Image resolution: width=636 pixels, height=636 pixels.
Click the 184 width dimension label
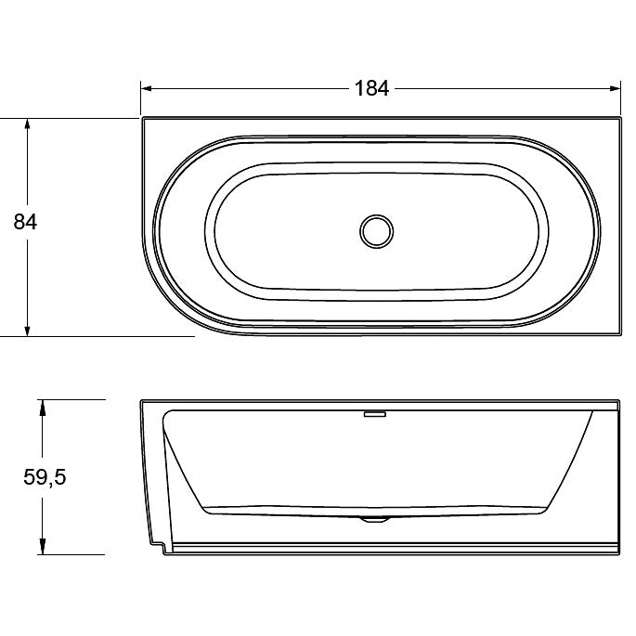point(372,88)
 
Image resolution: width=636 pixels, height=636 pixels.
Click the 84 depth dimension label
point(25,222)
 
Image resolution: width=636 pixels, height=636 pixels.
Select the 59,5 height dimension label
point(45,477)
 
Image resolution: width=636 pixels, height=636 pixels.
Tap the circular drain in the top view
point(376,231)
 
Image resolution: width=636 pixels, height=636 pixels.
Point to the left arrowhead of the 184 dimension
point(147,88)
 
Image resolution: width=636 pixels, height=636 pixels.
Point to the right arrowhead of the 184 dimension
point(615,88)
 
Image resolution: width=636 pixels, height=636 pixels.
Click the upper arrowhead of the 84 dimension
point(27,123)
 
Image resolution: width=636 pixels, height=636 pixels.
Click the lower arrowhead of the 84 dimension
point(27,331)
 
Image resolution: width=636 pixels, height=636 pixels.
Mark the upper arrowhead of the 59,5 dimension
point(42,406)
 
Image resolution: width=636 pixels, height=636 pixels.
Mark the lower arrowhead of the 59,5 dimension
point(42,549)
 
